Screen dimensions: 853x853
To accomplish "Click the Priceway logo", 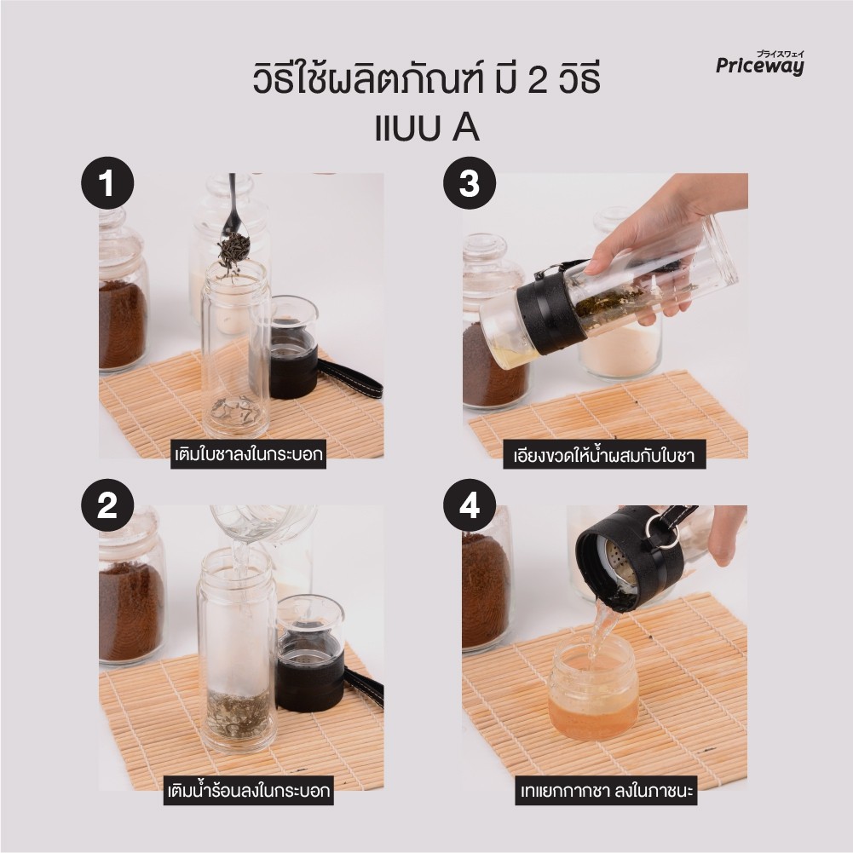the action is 759,63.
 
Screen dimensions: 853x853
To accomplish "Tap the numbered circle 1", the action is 107,183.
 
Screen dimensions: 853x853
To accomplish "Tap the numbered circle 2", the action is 107,505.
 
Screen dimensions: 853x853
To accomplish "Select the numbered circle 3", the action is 470,183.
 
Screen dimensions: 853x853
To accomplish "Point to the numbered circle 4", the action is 470,505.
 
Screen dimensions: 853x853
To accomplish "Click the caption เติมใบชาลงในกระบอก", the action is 249,454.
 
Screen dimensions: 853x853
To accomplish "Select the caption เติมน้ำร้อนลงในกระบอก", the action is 249,791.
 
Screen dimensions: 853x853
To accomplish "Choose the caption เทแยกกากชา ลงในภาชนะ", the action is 606,791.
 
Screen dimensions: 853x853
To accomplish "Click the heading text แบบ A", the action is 427,129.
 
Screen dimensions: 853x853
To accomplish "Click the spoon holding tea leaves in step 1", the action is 233,228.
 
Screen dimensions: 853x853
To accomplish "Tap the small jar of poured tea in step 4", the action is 593,689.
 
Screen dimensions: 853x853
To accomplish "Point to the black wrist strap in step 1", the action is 349,376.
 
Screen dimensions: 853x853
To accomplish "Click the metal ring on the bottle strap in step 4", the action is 665,529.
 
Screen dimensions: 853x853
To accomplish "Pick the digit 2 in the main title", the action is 538,80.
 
